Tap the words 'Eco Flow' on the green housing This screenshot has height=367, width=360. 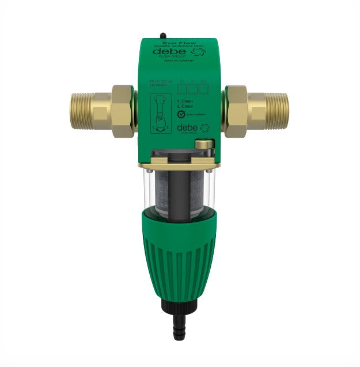[x=180, y=42]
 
